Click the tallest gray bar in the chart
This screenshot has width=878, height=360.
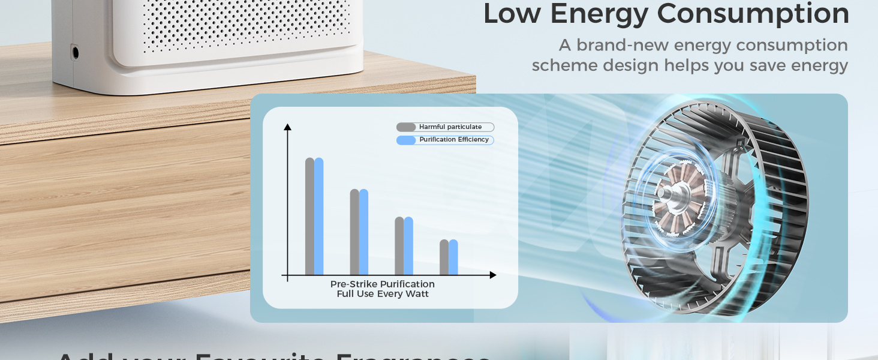[309, 216]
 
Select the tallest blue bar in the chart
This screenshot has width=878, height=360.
[319, 216]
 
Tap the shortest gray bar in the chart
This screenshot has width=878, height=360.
[444, 257]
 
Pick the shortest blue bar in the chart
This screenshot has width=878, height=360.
[453, 257]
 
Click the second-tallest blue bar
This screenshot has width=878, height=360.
[363, 232]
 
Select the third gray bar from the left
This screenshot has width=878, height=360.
[399, 246]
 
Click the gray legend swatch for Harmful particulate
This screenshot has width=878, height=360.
[406, 127]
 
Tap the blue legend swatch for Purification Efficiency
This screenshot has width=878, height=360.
[406, 140]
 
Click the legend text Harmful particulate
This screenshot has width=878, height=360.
[450, 127]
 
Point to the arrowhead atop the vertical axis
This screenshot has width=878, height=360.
[287, 127]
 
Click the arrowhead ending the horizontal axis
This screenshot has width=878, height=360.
[493, 275]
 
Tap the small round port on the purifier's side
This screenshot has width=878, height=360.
[75, 52]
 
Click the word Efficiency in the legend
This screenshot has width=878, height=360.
[472, 140]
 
